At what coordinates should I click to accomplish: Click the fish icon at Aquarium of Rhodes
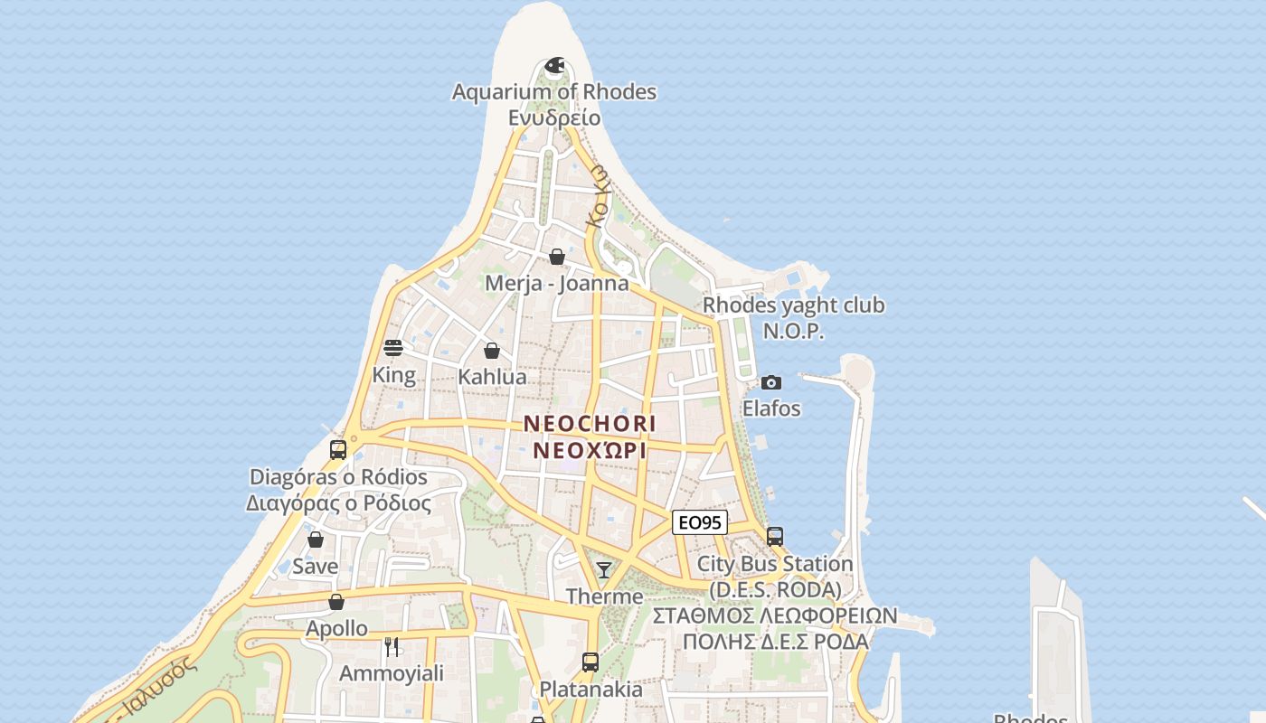point(554,65)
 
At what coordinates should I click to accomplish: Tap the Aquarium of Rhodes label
point(554,92)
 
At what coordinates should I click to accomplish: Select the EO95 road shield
point(700,522)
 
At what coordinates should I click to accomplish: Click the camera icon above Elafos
point(771,382)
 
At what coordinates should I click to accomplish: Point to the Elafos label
point(771,408)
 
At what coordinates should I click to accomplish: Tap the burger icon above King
point(393,348)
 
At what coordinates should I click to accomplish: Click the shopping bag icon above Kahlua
point(492,351)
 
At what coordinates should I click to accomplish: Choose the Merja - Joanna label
point(557,283)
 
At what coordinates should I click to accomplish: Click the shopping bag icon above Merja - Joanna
point(557,257)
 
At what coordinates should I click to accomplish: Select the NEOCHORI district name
point(590,423)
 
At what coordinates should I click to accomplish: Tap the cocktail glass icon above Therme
point(604,570)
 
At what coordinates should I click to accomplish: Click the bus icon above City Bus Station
point(775,536)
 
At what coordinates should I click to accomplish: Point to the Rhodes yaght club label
point(794,305)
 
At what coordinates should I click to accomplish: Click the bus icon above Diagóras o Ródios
point(338,449)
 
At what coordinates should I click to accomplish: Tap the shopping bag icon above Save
point(316,540)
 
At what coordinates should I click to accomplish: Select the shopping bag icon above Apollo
point(336,602)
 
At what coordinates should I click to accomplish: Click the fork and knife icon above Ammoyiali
point(392,647)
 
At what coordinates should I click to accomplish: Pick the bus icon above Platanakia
point(590,662)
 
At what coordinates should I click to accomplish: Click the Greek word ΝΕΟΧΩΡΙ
point(590,450)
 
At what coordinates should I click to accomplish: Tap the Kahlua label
point(492,377)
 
